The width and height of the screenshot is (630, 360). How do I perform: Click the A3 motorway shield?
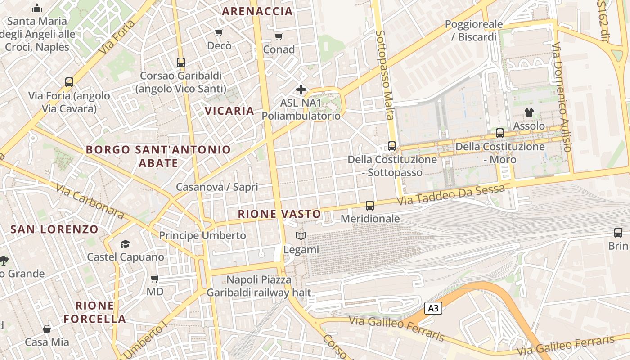[433, 308]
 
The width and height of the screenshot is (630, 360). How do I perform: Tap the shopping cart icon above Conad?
[279, 36]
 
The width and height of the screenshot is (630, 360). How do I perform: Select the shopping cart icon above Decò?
[219, 32]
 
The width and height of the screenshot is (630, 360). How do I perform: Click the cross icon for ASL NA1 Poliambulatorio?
[301, 90]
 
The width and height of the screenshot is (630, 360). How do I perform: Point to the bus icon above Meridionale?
[370, 206]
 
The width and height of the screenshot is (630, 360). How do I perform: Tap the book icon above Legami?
[301, 236]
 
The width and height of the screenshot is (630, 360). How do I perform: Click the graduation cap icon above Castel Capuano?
[125, 244]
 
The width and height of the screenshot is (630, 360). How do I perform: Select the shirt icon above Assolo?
[529, 112]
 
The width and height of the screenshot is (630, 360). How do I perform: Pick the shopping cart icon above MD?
[155, 279]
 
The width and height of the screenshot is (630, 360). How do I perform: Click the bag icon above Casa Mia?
[47, 329]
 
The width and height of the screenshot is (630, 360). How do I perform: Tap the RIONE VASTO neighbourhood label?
[279, 214]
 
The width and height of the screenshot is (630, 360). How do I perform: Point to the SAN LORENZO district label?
[54, 229]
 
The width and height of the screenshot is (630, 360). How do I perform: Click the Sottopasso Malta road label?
[386, 75]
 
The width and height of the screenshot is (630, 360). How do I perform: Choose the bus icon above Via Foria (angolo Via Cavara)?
[69, 82]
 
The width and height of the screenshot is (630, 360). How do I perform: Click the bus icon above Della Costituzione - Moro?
[499, 133]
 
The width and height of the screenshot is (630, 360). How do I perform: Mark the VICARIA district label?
[229, 111]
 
